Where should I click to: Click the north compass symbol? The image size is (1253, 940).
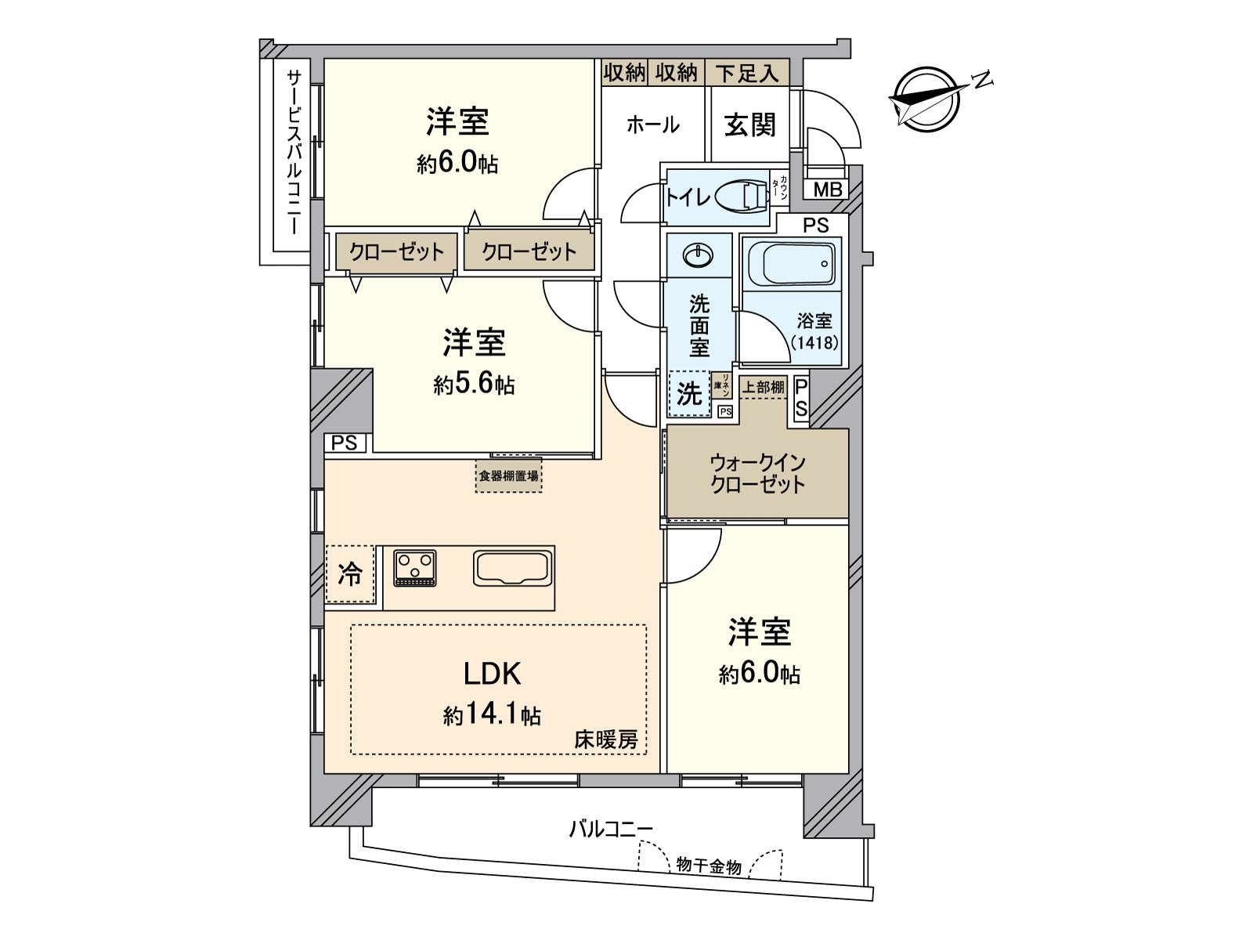pos(928,99)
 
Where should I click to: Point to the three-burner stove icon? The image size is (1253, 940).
pos(415,568)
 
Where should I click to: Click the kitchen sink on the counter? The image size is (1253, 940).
pos(513,568)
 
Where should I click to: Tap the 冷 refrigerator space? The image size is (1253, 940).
pos(350,574)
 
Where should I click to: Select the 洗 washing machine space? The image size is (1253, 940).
pos(689,394)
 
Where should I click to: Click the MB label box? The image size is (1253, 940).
pos(828,190)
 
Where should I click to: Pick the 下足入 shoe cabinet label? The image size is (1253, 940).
pos(747,74)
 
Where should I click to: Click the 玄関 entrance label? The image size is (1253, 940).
pos(749,125)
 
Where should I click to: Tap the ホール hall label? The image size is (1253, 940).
pos(652,125)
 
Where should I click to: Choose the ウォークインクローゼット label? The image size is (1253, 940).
pos(757,473)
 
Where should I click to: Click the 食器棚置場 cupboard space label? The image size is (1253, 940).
pos(508,475)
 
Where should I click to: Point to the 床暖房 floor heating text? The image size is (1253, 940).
pos(606,739)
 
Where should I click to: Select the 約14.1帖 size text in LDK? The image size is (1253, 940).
pos(492,714)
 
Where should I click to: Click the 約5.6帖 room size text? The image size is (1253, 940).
pos(474,385)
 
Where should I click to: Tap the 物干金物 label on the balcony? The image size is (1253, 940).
pos(709,866)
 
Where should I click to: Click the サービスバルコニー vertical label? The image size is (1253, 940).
pos(294,153)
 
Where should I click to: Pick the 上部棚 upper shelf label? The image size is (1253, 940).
pos(763,387)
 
